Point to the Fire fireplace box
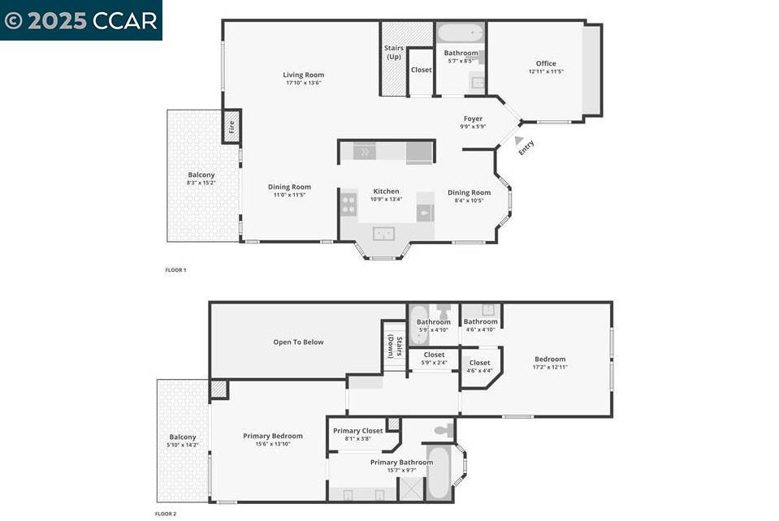coord(232,127)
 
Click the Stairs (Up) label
coord(393,52)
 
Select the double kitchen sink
coord(384,234)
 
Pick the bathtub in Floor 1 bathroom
coord(461,33)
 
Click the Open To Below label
coord(298,342)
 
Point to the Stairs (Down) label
coord(394,346)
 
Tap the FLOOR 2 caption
coord(165,514)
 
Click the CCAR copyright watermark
coord(80,20)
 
